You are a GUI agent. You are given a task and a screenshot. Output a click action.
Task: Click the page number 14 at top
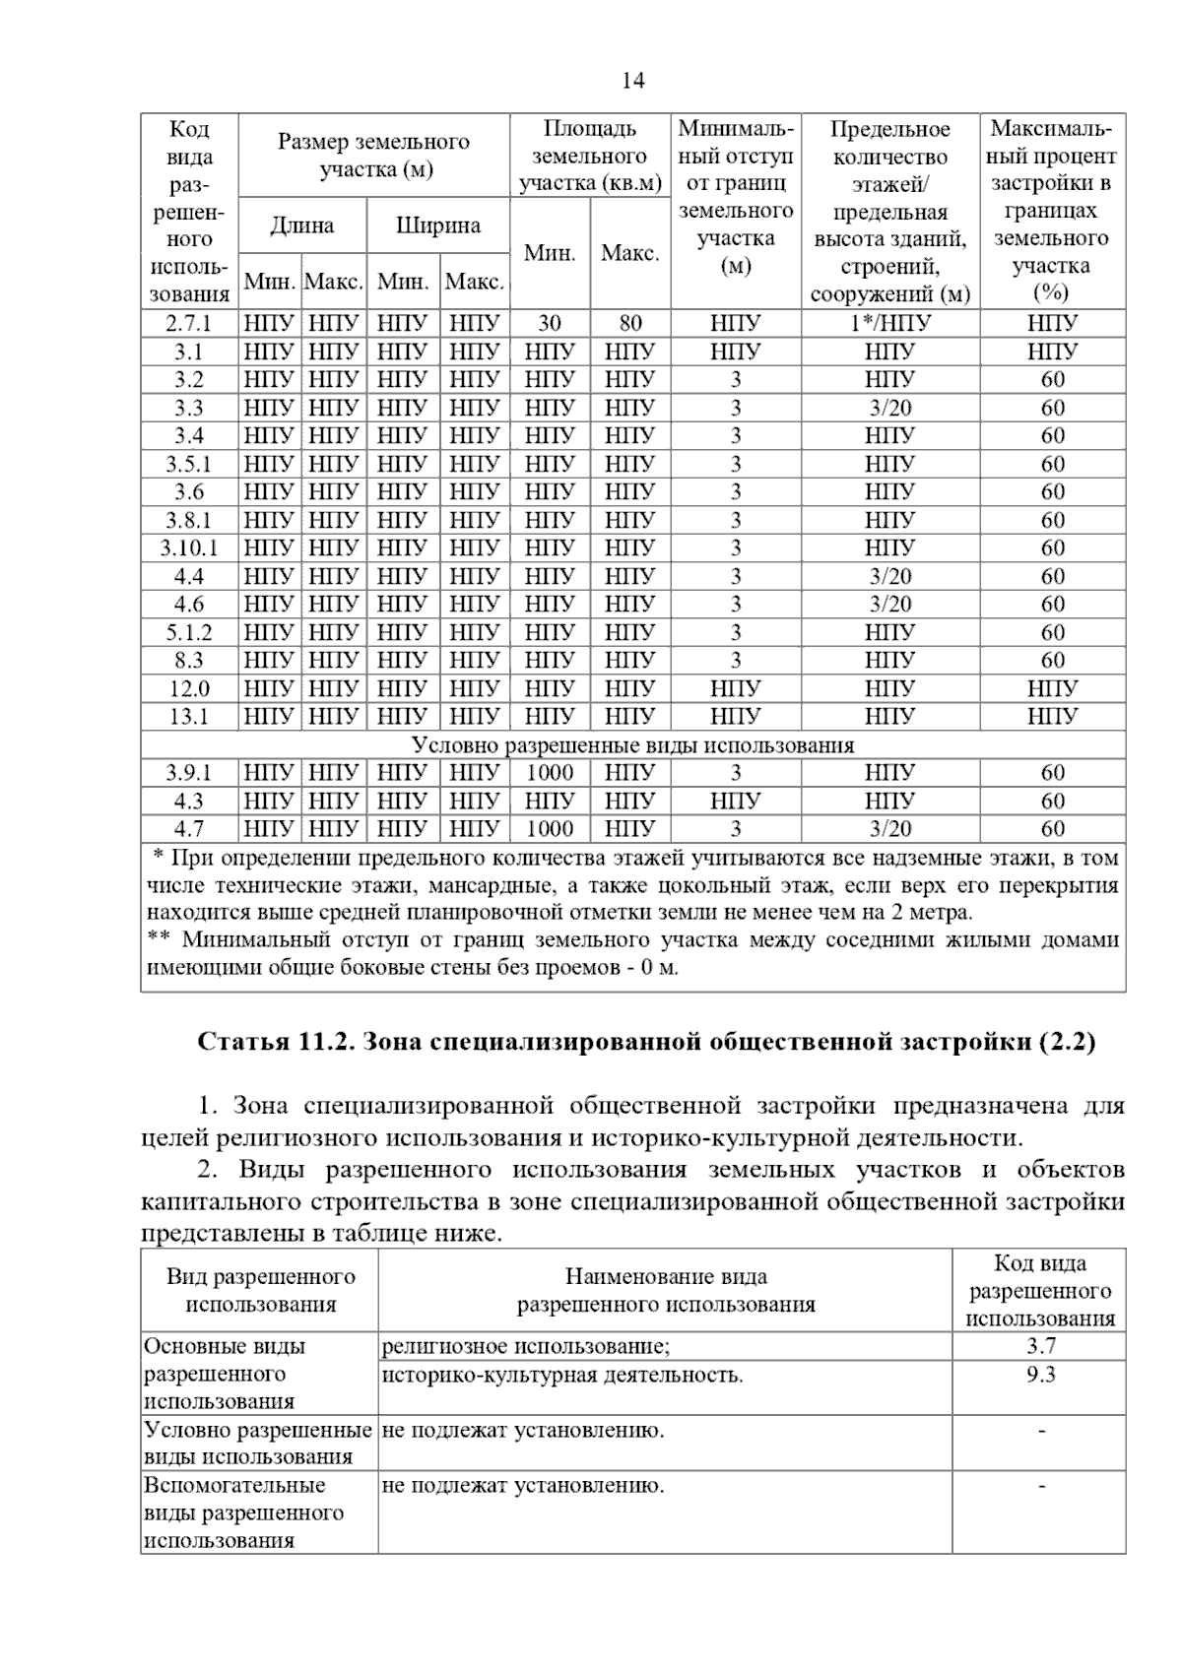(632, 81)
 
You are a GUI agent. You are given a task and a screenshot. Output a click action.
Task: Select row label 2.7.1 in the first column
(188, 323)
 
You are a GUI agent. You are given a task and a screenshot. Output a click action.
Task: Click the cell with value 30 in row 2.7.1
(550, 323)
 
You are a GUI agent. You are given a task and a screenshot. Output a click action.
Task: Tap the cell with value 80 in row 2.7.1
(630, 323)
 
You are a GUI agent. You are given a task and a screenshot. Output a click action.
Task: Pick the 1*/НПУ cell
(889, 323)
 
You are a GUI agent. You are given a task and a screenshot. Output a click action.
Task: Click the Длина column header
(301, 225)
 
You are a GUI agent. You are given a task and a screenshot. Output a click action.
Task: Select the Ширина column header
(437, 225)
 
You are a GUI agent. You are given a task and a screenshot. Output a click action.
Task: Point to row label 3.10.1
(188, 548)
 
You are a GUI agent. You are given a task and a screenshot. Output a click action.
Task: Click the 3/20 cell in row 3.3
(889, 408)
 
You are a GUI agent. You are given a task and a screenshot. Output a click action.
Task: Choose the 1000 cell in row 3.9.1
(550, 773)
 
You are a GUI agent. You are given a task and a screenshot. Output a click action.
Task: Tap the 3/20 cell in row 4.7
(889, 829)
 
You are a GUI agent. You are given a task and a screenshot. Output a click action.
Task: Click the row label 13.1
(188, 717)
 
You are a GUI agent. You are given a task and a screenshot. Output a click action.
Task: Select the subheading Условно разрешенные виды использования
(632, 744)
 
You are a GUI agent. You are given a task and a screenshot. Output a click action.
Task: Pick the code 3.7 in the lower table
(1040, 1346)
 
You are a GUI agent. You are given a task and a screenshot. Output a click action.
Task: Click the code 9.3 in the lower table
(1040, 1375)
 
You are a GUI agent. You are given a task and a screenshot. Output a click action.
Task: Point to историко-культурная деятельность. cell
(562, 1375)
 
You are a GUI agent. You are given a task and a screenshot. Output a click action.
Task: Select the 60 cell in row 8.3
(1052, 661)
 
